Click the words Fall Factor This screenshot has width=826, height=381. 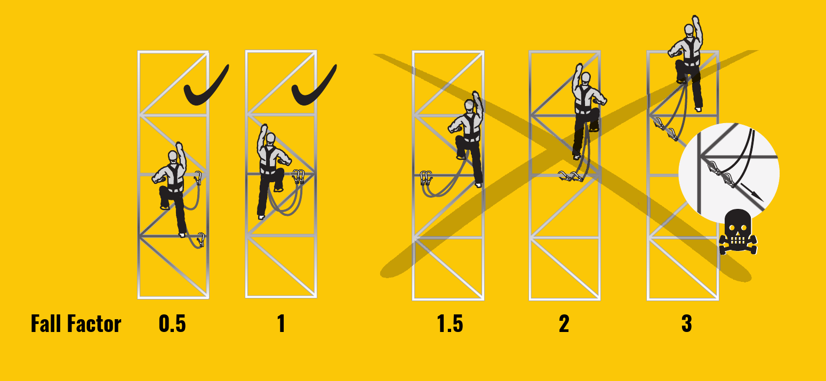pos(76,324)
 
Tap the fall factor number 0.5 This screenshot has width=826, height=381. pos(172,324)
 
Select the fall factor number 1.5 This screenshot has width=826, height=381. pos(450,324)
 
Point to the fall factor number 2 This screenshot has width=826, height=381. pos(564,324)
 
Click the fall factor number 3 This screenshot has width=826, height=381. pos(687,324)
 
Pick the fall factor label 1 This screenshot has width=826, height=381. pos(281,324)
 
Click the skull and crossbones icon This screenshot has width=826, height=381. pos(738,232)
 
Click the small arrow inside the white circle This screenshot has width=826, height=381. pos(752,192)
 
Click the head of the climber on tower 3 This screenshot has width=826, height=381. pos(689,29)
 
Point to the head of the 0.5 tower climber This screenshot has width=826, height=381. pos(173,156)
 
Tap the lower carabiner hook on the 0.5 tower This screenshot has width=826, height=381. pos(201,240)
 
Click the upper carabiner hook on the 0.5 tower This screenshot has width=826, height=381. pos(198,178)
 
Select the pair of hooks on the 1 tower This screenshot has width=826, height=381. pos(298,177)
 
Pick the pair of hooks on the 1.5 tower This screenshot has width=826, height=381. pos(426,178)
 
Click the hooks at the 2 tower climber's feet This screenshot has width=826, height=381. pos(571,176)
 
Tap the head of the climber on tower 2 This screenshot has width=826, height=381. pos(586,78)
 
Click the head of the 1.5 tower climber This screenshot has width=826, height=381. pos(469,106)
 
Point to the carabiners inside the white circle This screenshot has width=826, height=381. pos(721,174)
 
